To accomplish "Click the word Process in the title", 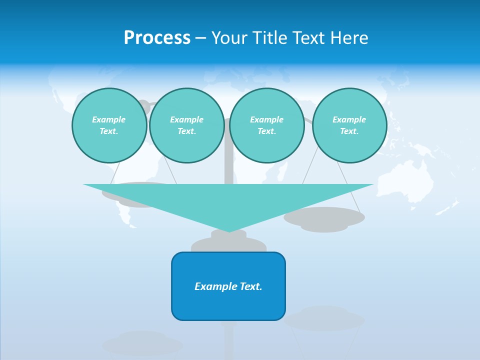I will (157, 38).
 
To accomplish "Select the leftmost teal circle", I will (109, 125).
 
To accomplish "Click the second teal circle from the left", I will (186, 125).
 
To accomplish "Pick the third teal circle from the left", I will (266, 125).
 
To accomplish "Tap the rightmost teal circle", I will (349, 125).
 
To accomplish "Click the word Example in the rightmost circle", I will (349, 119).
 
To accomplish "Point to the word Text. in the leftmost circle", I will (109, 131).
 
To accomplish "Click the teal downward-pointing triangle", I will (228, 200).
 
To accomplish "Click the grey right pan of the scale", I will (324, 217).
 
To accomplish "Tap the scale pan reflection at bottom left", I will (142, 344).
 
